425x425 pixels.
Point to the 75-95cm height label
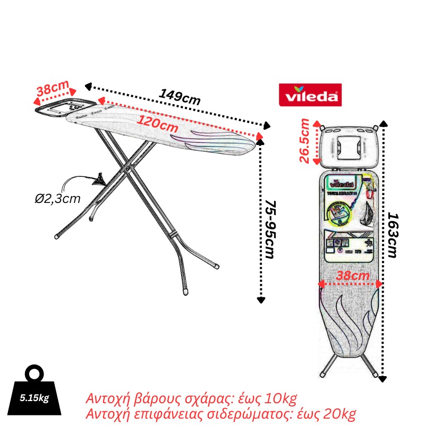(x=270, y=229)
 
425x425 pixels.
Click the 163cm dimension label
(x=392, y=235)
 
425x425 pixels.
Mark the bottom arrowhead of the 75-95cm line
(x=260, y=300)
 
